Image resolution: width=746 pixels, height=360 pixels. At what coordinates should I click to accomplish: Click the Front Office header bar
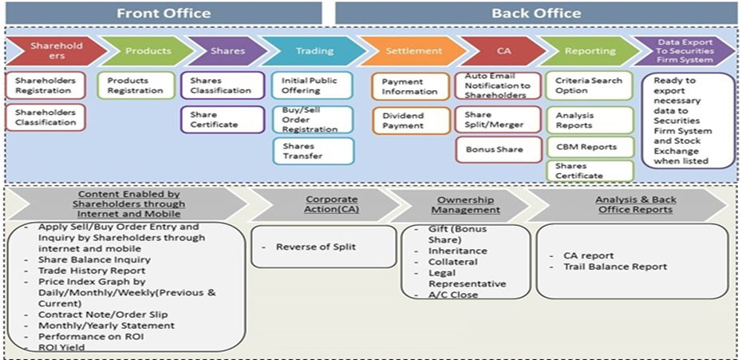click(164, 13)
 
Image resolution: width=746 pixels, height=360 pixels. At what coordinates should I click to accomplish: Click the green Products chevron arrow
click(147, 51)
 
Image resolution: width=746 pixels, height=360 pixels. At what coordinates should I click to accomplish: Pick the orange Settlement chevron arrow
click(412, 51)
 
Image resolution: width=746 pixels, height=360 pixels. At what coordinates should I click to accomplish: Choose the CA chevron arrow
click(503, 51)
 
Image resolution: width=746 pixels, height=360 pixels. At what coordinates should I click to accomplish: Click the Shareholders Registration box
click(45, 85)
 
